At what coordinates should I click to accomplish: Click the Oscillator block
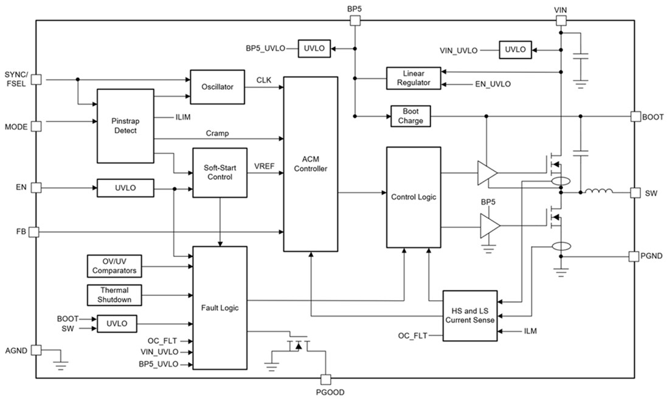point(217,87)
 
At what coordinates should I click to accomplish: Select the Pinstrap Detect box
point(125,126)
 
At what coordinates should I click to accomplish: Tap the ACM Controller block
point(311,163)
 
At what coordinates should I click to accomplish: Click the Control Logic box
point(414,197)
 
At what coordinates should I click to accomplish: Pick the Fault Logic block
point(220,307)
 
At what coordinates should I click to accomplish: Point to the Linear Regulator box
point(413,78)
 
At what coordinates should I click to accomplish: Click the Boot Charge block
point(411,116)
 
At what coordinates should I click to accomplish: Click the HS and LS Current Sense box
point(470,315)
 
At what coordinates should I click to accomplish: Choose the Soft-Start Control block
point(220,173)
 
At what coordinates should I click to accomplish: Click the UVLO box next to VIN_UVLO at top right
point(515,50)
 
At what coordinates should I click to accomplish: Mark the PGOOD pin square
point(326,379)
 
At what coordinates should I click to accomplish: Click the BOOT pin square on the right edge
point(635,117)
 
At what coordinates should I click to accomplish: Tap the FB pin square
point(35,231)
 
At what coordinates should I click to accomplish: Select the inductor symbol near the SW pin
point(598,193)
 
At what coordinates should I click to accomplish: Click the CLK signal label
point(263,80)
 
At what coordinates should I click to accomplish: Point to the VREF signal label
point(265,165)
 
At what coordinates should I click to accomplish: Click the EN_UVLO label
point(493,84)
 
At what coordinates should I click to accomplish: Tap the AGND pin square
point(35,351)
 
